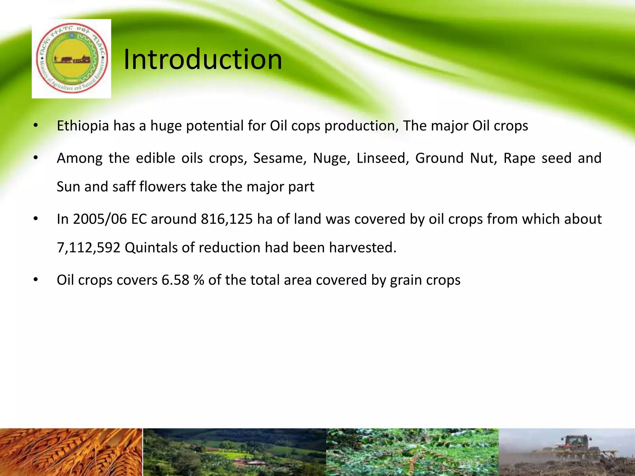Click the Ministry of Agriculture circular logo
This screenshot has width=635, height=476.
click(x=72, y=59)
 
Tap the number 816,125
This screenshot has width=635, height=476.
click(x=227, y=219)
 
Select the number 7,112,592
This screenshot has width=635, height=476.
click(x=89, y=248)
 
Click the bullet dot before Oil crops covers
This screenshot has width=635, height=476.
click(x=36, y=280)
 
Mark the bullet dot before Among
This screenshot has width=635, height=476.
click(x=36, y=158)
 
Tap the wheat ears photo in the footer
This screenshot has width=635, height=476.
click(x=71, y=452)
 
